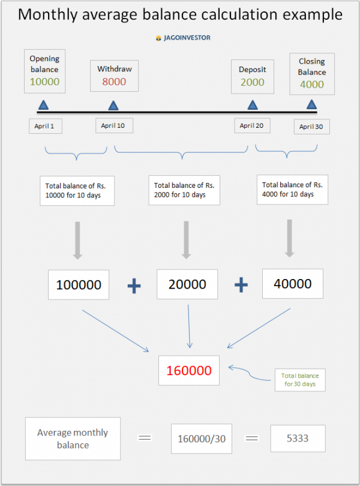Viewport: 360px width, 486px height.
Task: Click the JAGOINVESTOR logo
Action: (182, 37)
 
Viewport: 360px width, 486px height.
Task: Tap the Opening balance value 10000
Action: (44, 82)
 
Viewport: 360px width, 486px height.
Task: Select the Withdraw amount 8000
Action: (114, 82)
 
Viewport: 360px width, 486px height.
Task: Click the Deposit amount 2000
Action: (253, 82)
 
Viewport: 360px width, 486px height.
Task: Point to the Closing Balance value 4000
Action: (311, 85)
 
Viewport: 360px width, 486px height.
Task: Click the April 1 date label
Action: (45, 126)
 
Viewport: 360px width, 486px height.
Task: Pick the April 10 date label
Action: (114, 125)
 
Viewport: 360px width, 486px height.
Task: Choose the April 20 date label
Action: (252, 125)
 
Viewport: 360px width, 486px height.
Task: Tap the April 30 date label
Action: (312, 127)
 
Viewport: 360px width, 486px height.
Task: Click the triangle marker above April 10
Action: (113, 106)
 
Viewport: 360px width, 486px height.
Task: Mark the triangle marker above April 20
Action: (253, 106)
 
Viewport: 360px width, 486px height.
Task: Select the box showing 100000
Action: (79, 285)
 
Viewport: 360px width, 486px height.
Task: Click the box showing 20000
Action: (187, 284)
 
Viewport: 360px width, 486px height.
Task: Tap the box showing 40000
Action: (292, 283)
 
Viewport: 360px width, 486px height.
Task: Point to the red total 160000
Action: (189, 370)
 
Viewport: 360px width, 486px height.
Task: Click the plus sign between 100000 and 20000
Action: (134, 286)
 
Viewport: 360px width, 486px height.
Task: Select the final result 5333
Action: (298, 438)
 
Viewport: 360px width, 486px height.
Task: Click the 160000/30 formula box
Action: (202, 439)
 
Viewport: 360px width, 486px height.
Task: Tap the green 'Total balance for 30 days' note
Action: (300, 380)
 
